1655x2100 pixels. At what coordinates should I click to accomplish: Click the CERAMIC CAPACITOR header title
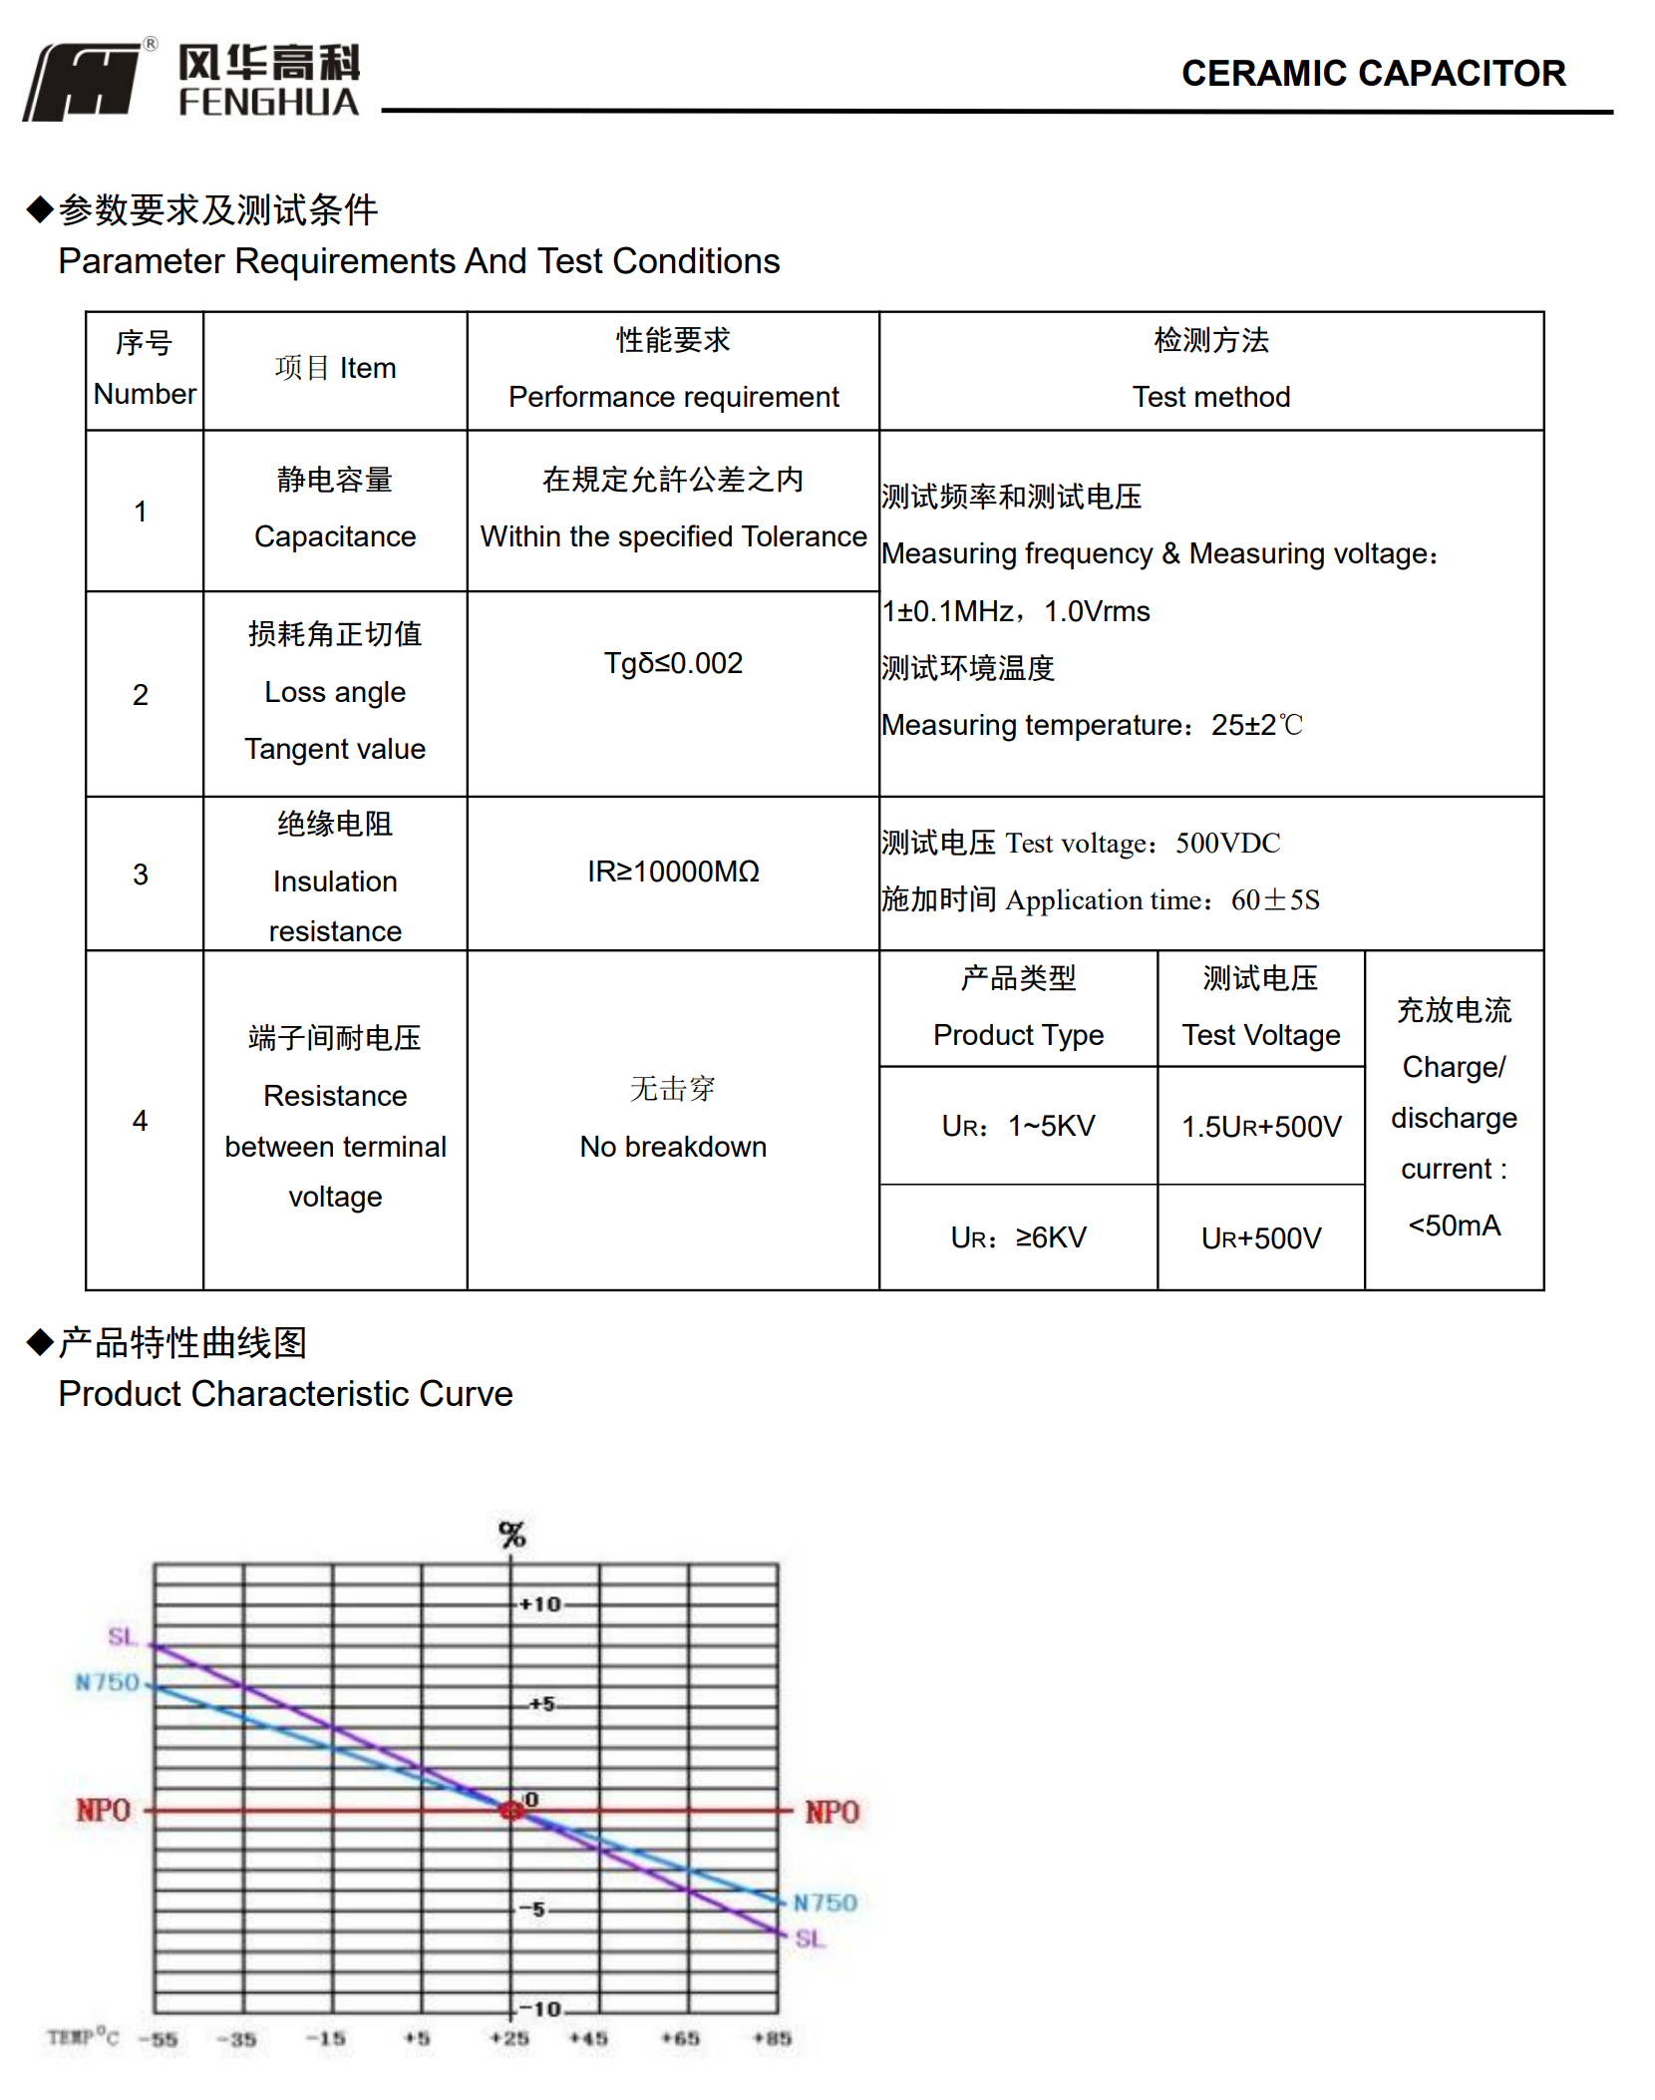1373,73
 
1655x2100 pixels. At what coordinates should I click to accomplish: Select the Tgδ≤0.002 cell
673,663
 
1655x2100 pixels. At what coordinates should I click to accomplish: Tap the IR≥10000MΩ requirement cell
673,872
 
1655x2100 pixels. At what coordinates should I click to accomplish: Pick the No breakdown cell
673,1146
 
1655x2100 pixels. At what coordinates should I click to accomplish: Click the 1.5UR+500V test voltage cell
1261,1127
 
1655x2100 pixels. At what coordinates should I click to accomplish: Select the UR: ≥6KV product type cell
1018,1237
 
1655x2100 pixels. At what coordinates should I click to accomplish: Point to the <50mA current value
1454,1225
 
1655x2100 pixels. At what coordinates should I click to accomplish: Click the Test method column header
1210,397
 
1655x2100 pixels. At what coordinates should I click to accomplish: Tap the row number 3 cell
141,875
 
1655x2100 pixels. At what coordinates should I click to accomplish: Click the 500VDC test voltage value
1227,844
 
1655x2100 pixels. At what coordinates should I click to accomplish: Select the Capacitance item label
335,536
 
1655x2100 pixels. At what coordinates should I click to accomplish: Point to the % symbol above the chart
511,1535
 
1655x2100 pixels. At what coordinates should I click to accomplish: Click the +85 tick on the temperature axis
773,2038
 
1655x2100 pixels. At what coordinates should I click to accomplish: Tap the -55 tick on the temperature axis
159,2038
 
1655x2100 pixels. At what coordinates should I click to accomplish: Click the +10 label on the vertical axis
540,1604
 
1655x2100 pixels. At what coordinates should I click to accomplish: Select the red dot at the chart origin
511,1810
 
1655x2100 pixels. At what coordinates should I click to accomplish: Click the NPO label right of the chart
831,1812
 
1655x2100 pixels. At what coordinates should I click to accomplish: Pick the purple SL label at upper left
122,1636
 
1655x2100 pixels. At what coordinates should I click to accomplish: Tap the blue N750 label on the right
825,1903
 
